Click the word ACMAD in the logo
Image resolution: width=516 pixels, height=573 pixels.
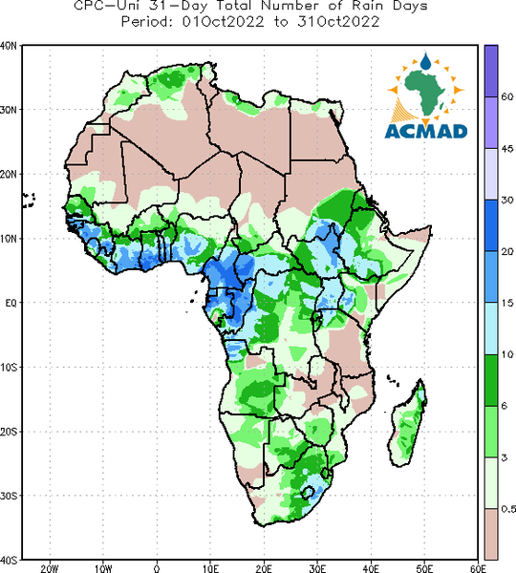coord(426,132)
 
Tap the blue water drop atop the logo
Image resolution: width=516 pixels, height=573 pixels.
coord(425,62)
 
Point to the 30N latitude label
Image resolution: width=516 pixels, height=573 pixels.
coord(8,110)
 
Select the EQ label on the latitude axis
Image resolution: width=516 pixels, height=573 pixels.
coord(11,303)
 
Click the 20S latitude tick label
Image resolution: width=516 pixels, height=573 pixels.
coord(8,432)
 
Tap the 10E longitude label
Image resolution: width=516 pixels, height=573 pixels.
coord(210,568)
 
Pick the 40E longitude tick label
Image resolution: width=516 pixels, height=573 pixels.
coord(371,568)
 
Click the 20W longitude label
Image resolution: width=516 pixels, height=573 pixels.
coord(50,568)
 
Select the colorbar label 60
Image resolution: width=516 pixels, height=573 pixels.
coord(507,96)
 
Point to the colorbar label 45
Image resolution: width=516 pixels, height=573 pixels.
coord(507,148)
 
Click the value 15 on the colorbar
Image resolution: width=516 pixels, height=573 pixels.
coord(507,303)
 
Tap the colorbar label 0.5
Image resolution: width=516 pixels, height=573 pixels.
coord(508,509)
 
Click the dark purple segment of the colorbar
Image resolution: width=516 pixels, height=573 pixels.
coord(491,71)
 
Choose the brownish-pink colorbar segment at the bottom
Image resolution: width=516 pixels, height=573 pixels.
coord(491,534)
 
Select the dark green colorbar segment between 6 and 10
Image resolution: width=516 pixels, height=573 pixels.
coord(491,380)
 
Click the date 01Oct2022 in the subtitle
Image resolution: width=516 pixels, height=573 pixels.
coord(223,22)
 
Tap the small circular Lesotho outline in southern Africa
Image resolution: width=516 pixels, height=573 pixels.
coord(308,492)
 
